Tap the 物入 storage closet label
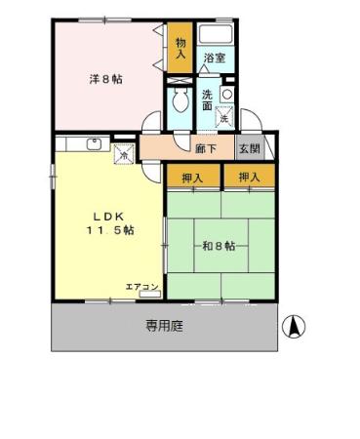180,48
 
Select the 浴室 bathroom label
214,59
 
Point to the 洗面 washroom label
208,100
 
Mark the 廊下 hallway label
205,149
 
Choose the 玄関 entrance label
249,149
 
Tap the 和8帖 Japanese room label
220,246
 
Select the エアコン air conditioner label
141,286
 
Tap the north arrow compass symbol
292,327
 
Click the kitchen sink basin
95,145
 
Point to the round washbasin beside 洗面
226,94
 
